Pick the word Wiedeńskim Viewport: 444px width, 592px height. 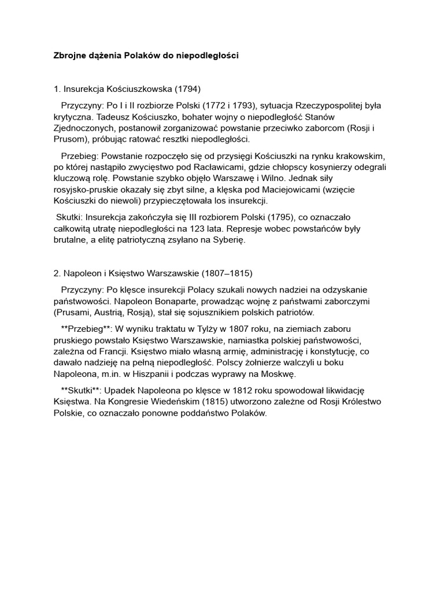(161, 402)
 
